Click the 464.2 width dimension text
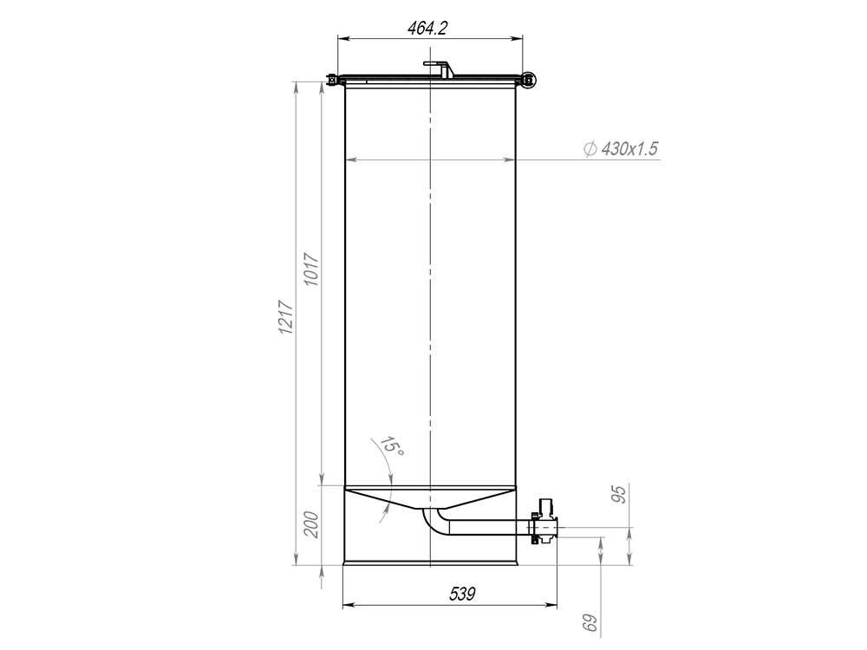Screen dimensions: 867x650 tap(427, 29)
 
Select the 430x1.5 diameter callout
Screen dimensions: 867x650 tap(622, 149)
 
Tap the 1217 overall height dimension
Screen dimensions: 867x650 tap(286, 317)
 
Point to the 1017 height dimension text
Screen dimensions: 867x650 tap(312, 270)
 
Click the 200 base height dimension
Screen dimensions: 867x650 tap(312, 525)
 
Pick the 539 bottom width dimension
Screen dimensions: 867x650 tap(462, 595)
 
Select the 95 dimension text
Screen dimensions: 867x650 tap(621, 494)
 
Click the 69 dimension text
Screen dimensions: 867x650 tap(590, 623)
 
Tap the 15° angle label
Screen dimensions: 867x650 tap(392, 445)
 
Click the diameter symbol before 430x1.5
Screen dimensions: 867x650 tap(590, 149)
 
